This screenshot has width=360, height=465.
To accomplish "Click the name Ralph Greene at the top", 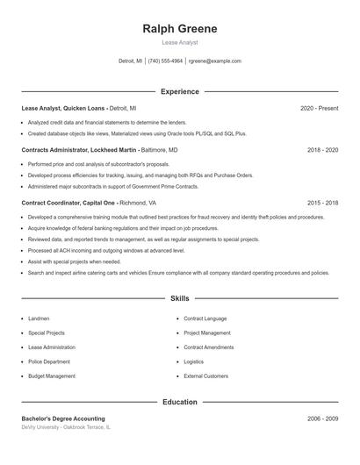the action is (180, 29).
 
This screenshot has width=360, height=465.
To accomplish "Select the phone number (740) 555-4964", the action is (165, 61).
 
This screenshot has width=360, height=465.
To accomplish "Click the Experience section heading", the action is (180, 91).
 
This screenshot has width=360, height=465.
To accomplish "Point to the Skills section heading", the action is (180, 299).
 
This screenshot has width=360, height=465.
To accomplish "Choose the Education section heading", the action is (180, 402).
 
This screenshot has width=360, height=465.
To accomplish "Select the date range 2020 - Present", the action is (319, 108).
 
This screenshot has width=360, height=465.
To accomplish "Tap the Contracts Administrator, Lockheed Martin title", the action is (78, 150).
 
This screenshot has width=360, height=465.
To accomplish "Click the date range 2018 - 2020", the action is (322, 150).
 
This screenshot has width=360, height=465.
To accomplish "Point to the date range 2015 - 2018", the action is (322, 202).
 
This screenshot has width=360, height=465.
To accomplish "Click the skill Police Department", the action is (48, 361).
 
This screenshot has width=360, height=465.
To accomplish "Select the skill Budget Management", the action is (52, 376).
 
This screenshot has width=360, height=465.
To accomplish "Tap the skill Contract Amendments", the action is (209, 347).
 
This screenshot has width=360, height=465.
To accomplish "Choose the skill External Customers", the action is (205, 376).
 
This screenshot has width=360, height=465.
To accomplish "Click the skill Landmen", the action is (39, 318).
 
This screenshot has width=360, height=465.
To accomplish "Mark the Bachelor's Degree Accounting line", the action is (63, 418).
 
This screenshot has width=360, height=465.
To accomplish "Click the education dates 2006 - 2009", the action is (322, 418).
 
